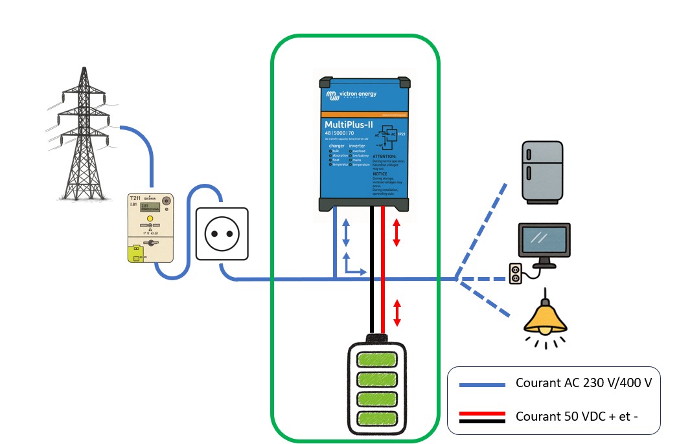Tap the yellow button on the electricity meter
(150, 219)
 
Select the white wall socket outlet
(222, 234)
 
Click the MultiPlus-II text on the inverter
(349, 124)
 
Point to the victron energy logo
(353, 94)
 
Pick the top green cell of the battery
(378, 359)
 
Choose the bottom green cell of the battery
(378, 416)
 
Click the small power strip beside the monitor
(516, 273)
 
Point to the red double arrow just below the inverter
(397, 233)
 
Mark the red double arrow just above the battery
(397, 313)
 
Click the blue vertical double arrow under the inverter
(346, 232)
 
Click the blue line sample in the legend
(482, 384)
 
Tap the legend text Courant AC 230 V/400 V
(583, 383)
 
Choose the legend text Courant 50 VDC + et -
(577, 416)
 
